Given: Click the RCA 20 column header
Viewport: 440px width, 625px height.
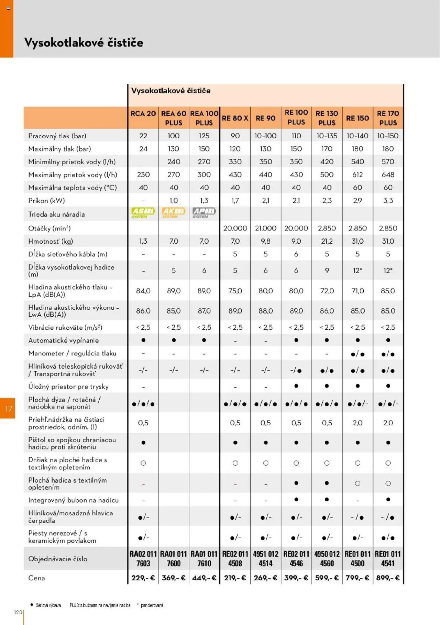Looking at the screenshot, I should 143,114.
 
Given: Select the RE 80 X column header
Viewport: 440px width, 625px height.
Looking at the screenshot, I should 235,118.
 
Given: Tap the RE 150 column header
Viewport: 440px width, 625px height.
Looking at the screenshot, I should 357,118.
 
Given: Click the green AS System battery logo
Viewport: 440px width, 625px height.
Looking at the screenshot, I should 143,212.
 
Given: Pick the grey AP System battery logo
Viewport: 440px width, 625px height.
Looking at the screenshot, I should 204,212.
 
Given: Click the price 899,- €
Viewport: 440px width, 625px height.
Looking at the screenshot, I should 388,578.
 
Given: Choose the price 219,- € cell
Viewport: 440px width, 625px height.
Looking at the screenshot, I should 235,578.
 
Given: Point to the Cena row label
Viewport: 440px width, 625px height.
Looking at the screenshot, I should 36,578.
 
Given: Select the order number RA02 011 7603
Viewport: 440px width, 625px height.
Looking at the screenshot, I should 143,559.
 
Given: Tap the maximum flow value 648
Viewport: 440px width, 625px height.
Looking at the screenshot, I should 388,174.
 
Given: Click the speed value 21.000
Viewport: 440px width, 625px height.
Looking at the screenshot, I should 265,228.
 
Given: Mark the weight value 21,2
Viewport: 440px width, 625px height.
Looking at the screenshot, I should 327,241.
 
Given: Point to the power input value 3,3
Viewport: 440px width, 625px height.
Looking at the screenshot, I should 388,200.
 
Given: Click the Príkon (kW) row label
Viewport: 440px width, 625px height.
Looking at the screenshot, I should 46,200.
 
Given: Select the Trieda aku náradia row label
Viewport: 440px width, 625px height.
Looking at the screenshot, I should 56,214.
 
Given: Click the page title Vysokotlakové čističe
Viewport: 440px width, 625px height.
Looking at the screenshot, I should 84,43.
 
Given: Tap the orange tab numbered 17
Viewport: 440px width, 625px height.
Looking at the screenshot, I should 8,409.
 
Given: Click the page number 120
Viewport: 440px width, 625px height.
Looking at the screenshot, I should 18,612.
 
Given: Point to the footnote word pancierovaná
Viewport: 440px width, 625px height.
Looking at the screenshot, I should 152,605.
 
